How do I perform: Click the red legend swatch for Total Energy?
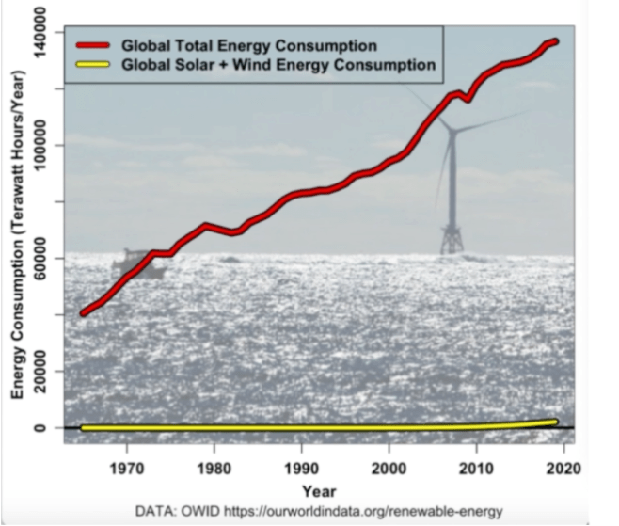pos(91,45)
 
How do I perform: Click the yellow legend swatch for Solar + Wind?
pos(91,65)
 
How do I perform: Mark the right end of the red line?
pos(555,41)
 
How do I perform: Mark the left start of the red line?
pos(84,311)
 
